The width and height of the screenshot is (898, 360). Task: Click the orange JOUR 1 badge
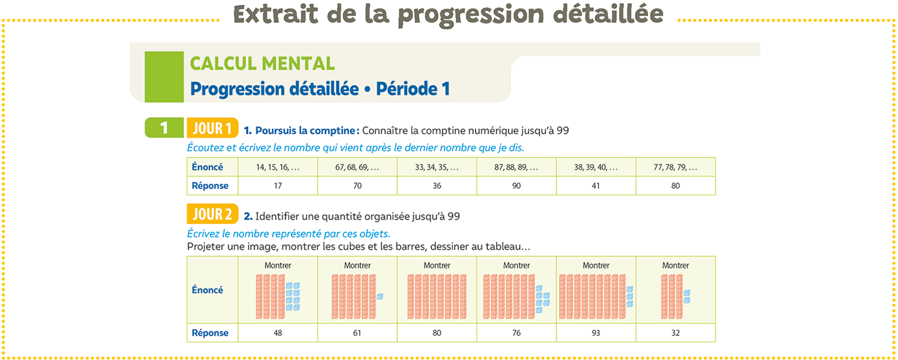tap(212, 129)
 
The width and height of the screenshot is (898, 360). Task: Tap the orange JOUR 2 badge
tap(212, 214)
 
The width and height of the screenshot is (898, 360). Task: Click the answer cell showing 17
tap(278, 186)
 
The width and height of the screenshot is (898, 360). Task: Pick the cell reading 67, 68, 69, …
tap(357, 167)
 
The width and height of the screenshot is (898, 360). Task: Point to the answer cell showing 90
tap(516, 186)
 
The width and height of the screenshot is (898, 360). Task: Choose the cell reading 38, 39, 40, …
tap(595, 167)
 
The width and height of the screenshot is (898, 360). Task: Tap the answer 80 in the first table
tap(675, 186)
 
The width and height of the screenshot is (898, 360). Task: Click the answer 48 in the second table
tap(278, 333)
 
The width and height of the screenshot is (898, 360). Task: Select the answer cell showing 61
tap(357, 333)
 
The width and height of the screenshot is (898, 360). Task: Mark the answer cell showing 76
tap(516, 333)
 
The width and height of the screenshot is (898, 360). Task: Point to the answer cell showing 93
tap(595, 333)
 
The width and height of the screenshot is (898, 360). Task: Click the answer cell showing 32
tap(675, 333)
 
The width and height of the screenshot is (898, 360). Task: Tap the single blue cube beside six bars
tap(380, 297)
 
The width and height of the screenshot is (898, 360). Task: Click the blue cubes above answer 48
tap(293, 297)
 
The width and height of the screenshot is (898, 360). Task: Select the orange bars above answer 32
tap(672, 297)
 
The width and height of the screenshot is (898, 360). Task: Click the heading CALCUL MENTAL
tap(262, 64)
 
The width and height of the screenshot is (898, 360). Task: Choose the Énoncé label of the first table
tap(208, 167)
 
